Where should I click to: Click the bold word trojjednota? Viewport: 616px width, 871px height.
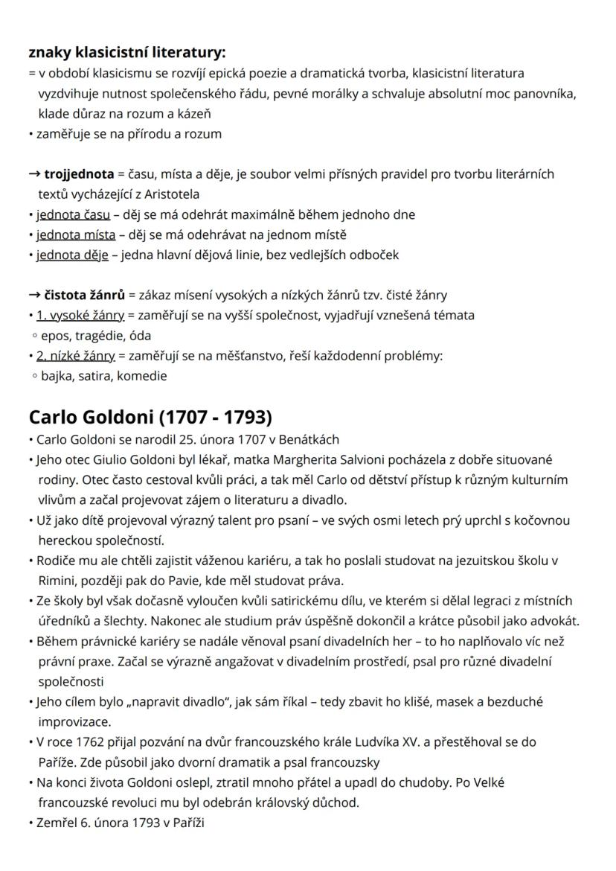tap(79, 174)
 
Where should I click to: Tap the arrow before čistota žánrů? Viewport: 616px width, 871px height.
tap(34, 295)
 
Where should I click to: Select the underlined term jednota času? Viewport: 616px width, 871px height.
tap(73, 214)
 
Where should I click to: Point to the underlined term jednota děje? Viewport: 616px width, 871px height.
tap(74, 255)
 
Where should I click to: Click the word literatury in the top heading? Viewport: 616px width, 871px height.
tap(188, 52)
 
